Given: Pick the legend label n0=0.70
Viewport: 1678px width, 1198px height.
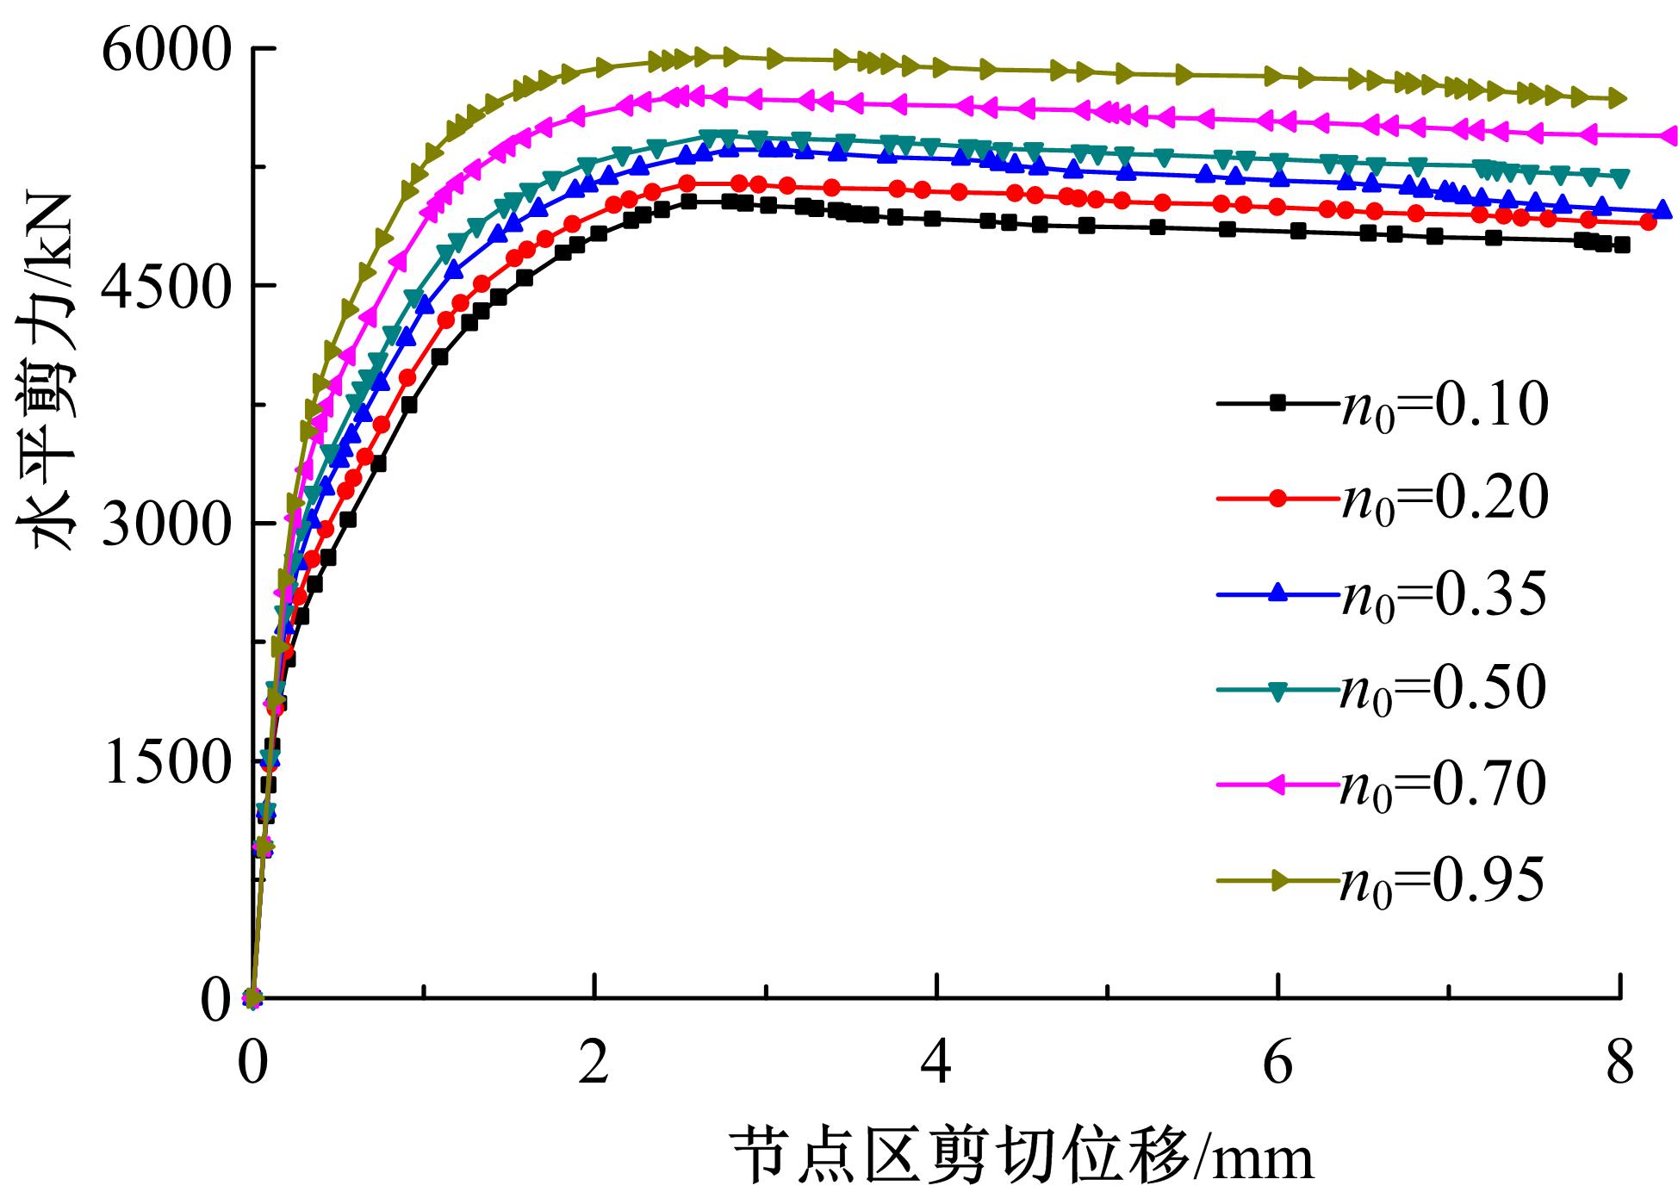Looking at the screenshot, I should pos(1443,785).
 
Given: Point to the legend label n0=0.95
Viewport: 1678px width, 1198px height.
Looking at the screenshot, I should pos(1443,880).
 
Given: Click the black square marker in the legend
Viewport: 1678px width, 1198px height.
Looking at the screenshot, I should pos(1278,401).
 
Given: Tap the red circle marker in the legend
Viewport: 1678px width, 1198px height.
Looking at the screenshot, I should pos(1278,497).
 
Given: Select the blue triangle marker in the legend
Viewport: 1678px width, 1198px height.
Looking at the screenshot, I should pos(1278,592).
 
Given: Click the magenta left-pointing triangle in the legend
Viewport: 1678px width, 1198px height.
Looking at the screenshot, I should pos(1278,783).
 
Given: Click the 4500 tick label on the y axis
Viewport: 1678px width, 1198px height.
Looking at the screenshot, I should pos(166,286).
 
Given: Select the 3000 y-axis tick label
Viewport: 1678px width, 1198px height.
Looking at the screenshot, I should pos(166,524).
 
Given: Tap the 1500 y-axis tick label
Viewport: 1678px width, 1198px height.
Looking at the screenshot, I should pos(166,761).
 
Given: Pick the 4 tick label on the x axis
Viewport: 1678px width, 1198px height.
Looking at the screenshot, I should pos(936,1065).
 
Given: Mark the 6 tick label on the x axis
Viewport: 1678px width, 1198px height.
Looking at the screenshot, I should pos(1278,1065).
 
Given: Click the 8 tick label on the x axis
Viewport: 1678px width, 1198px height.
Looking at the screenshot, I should pos(1620,1065).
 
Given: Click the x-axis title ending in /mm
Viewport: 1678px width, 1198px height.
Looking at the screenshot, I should pos(1023,1157).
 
